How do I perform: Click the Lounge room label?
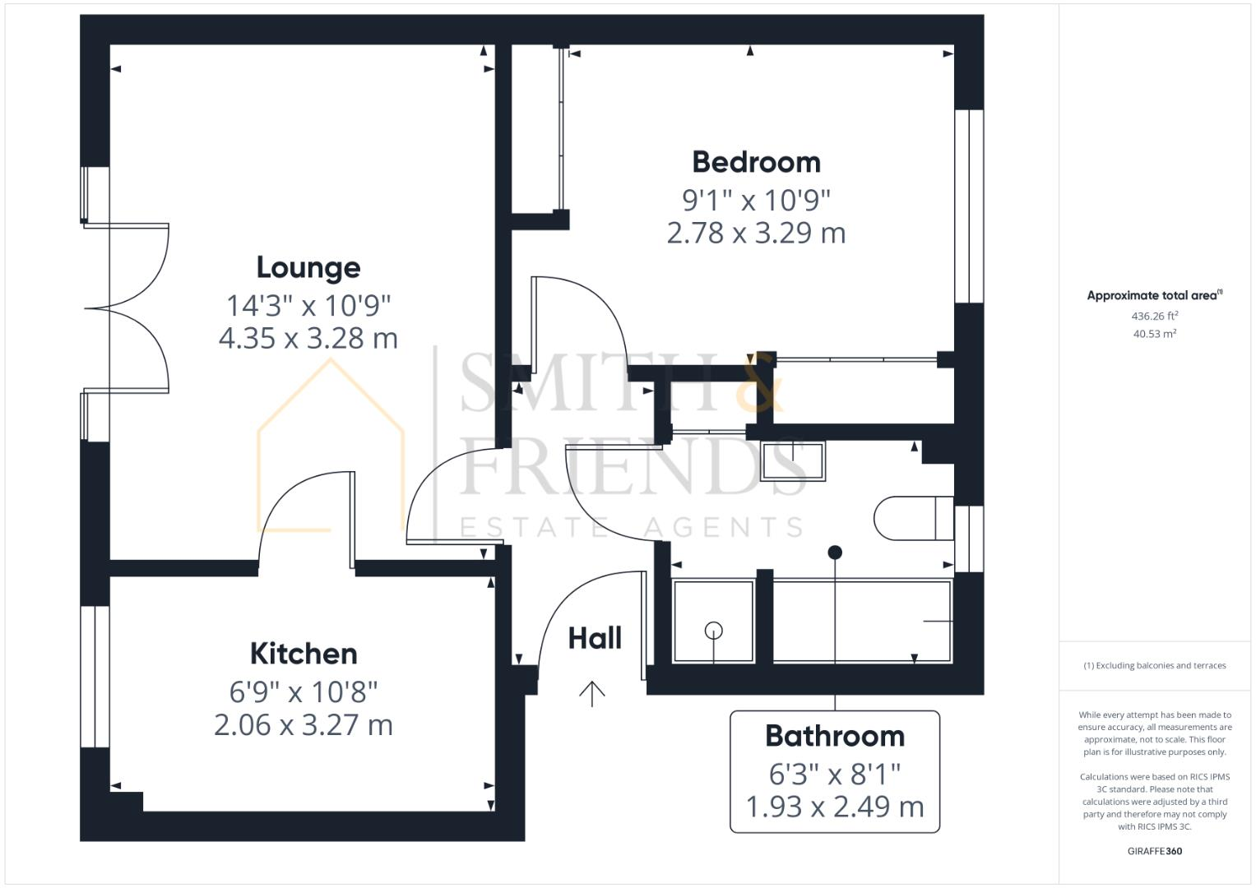point(308,267)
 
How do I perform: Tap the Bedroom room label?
point(756,162)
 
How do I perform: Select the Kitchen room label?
point(304,654)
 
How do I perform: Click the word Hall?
point(595,638)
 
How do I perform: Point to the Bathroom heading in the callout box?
point(834,736)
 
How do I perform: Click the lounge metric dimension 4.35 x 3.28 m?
point(308,338)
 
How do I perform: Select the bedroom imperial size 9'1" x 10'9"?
point(756,199)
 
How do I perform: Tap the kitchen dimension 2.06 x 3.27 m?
point(304,725)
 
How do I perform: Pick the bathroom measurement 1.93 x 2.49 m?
point(834,807)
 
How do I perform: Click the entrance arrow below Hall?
point(591,694)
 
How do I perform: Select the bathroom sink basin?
point(793,460)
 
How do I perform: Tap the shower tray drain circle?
point(713,631)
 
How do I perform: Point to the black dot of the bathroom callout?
point(835,552)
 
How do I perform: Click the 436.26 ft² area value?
point(1154,316)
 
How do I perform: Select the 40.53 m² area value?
point(1154,334)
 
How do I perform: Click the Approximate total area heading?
point(1154,296)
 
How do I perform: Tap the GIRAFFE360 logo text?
point(1154,851)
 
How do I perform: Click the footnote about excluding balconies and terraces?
point(1154,665)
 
